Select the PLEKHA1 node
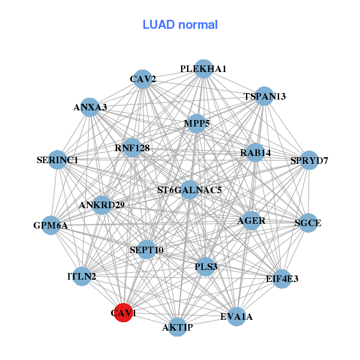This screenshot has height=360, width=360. click(203, 69)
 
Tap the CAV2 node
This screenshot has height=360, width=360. click(143, 79)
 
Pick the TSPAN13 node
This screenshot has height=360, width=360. click(265, 96)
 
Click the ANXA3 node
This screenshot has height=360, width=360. click(90, 107)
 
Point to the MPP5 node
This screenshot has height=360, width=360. click(197, 124)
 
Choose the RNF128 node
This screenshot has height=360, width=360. click(132, 148)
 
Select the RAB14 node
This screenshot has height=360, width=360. click(256, 152)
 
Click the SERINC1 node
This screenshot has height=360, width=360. click(57, 160)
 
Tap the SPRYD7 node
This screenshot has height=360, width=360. click(309, 160)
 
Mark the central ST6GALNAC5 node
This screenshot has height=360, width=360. click(190, 190)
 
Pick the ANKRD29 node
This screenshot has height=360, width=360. click(102, 205)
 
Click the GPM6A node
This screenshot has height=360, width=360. click(50, 226)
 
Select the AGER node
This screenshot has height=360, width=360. click(251, 220)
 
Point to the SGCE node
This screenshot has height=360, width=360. click(308, 223)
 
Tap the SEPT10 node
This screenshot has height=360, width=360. click(147, 250)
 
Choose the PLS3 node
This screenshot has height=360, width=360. click(206, 266)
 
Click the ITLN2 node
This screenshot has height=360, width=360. click(82, 277)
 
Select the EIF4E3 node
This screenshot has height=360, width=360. click(282, 279)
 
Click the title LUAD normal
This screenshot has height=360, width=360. click(180, 25)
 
